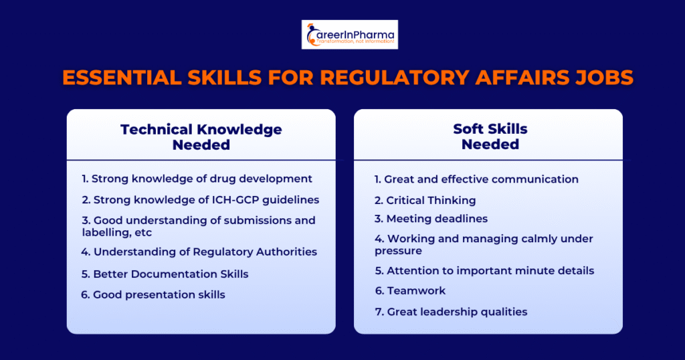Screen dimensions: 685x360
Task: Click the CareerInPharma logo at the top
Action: [349, 35]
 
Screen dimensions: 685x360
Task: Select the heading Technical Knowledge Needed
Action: [201, 137]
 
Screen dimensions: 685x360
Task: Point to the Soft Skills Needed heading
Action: [490, 137]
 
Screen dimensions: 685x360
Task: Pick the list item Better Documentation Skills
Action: [165, 274]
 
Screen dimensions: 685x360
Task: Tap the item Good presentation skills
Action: [153, 295]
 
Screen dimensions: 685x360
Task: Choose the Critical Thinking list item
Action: [425, 201]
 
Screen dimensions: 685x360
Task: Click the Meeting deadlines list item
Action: [431, 218]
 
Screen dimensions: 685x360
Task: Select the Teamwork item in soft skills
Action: [410, 290]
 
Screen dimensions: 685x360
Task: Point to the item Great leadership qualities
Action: [451, 312]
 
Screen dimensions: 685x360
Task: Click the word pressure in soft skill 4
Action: [398, 251]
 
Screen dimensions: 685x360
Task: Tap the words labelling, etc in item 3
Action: [116, 232]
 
